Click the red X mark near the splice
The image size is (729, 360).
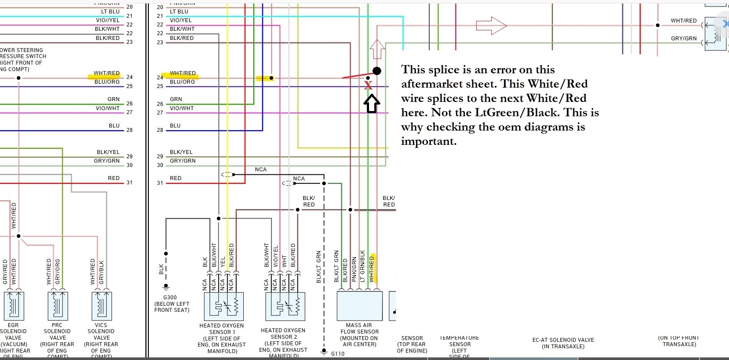click(368, 85)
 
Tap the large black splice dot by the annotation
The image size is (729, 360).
click(377, 71)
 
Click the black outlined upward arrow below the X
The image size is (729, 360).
click(372, 104)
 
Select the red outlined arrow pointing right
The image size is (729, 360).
click(491, 26)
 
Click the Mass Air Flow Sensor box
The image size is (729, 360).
click(360, 306)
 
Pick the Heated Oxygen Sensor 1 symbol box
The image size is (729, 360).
click(224, 306)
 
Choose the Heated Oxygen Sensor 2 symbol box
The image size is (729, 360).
click(285, 306)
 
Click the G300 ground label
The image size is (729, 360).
click(170, 298)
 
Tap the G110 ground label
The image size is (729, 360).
click(338, 353)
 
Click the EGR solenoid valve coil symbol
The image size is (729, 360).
click(14, 306)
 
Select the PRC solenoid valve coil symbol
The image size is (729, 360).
click(58, 306)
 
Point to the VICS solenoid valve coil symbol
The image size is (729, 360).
click(102, 306)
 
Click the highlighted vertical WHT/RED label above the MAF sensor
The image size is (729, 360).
click(372, 268)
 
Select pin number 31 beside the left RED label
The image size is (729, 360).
click(129, 183)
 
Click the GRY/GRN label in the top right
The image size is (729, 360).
click(683, 38)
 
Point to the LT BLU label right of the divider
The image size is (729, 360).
click(179, 12)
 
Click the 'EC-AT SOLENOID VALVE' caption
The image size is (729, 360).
click(563, 340)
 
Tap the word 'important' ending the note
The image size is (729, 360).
click(428, 141)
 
